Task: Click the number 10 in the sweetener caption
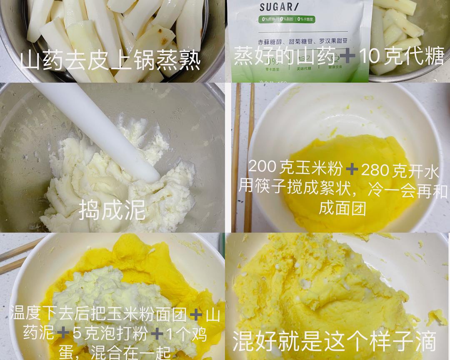coord(370,56)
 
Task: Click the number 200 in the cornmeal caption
coord(262,168)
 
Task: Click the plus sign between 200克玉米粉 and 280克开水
coord(352,169)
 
